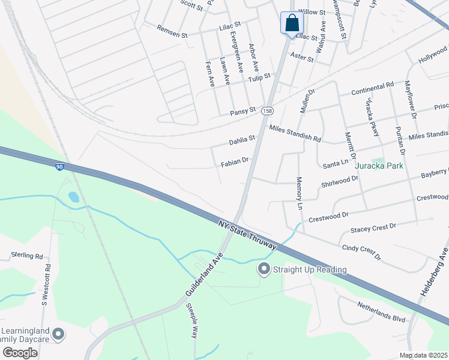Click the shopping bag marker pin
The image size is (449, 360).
coord(292,24)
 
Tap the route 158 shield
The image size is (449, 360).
coord(268,110)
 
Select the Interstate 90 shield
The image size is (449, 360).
coord(59,167)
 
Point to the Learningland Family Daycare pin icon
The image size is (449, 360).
coord(58,334)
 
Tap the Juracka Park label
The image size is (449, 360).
coord(378,165)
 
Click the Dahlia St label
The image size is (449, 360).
coord(242,142)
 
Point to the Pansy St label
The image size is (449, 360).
coord(243,112)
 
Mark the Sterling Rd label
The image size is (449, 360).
coord(27,256)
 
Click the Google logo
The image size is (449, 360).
coord(20,353)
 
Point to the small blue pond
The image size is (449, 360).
coord(73,197)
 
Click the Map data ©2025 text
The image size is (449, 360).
coord(423,355)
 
